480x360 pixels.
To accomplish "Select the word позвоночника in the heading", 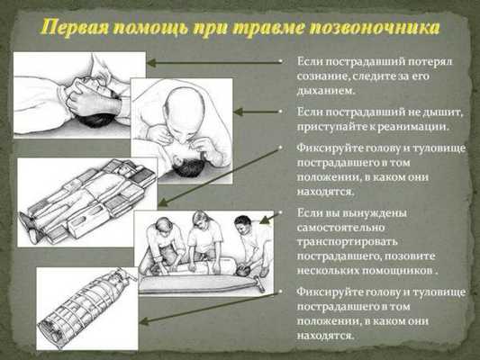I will (x=383, y=24).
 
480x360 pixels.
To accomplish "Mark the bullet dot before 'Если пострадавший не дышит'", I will (x=280, y=112).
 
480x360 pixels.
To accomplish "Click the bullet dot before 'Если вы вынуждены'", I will (x=280, y=213).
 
